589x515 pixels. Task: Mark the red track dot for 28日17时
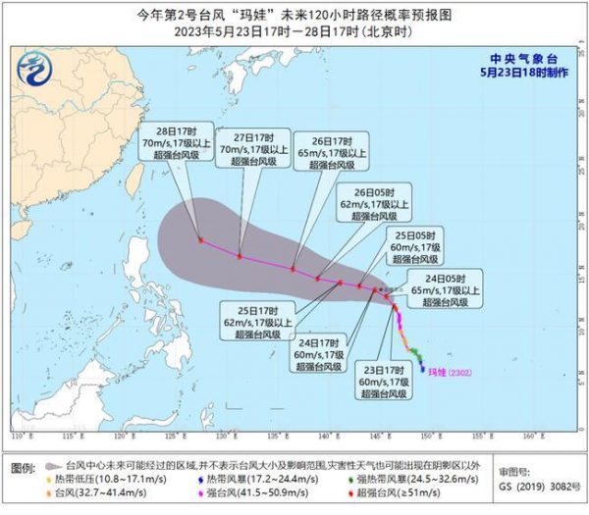click(200, 239)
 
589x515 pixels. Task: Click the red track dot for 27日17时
click(241, 256)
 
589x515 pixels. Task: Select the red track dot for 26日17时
click(294, 268)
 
